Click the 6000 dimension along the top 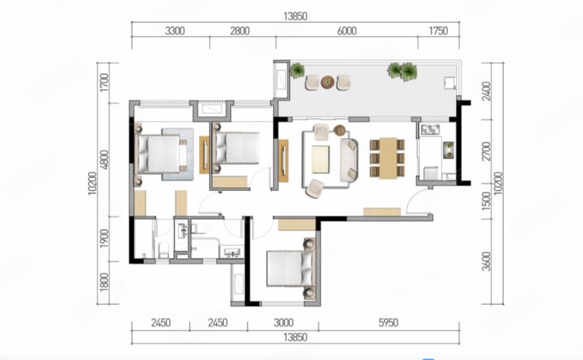[x=347, y=31]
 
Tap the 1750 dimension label [x=439, y=31]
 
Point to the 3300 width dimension [x=175, y=31]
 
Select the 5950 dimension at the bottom [x=388, y=322]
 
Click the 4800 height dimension [x=104, y=160]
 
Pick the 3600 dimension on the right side [x=486, y=262]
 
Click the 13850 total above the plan [x=295, y=16]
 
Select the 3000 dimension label [x=283, y=322]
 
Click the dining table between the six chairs [x=388, y=158]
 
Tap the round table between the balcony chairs [x=327, y=82]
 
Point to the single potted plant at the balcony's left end [x=297, y=71]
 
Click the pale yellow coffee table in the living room [x=321, y=159]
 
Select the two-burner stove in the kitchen [x=448, y=149]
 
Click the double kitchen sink [x=431, y=130]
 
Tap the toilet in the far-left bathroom [x=163, y=249]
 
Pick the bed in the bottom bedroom [x=291, y=268]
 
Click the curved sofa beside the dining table [x=349, y=160]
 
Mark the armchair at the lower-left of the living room [x=314, y=188]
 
